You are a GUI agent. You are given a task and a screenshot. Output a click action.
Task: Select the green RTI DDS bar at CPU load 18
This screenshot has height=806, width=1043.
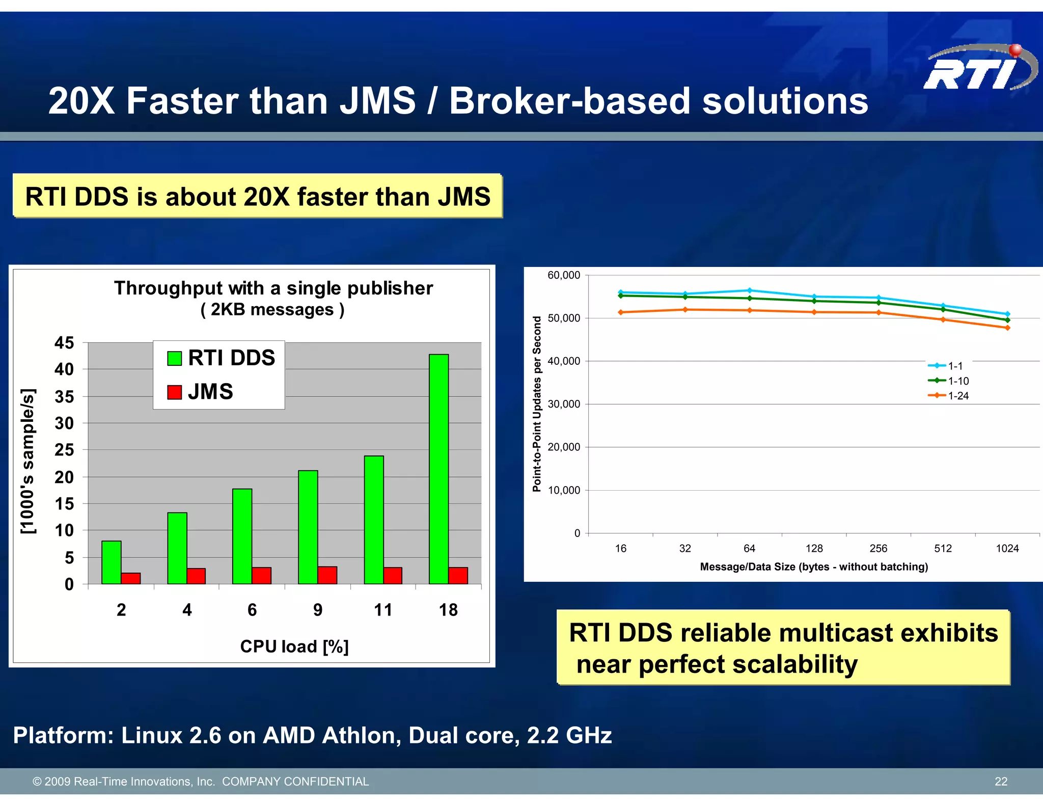click(438, 469)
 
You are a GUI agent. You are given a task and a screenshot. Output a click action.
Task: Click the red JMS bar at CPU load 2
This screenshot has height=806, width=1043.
click(131, 578)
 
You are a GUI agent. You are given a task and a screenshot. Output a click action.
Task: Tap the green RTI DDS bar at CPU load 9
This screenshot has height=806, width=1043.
click(308, 527)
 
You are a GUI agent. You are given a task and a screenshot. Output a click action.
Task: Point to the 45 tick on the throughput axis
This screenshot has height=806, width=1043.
click(64, 343)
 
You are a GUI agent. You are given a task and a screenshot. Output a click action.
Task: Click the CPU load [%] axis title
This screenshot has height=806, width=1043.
click(294, 646)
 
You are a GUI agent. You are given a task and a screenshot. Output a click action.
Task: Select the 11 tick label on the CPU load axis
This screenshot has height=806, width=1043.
click(383, 610)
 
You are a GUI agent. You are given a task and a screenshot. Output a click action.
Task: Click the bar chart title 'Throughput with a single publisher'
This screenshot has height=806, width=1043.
click(273, 288)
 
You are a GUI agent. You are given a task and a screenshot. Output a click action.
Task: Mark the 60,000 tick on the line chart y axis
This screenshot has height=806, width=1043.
click(563, 275)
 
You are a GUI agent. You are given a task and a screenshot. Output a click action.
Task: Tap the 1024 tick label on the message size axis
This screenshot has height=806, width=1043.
click(1007, 548)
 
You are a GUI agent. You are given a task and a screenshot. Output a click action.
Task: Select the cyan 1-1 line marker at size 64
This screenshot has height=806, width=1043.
click(749, 290)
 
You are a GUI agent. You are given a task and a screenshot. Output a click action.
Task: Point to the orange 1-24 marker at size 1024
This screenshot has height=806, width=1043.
click(1007, 328)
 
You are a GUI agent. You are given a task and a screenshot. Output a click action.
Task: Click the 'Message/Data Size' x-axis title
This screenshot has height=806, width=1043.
click(813, 567)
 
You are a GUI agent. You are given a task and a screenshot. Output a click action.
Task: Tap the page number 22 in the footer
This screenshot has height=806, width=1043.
click(1001, 782)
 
